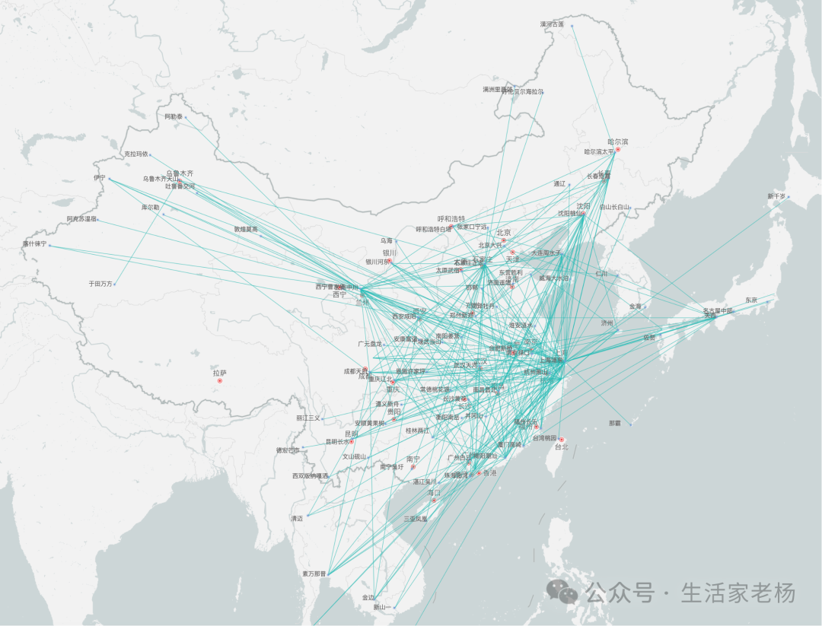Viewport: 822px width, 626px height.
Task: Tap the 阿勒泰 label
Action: [x=174, y=116]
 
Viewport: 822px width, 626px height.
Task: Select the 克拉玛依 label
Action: [x=135, y=154]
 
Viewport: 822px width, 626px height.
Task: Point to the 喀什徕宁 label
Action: [x=34, y=244]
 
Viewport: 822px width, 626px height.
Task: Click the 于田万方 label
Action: [x=100, y=284]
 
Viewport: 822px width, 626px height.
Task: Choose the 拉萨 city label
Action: [x=219, y=373]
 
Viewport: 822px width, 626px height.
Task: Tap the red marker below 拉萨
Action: [x=219, y=380]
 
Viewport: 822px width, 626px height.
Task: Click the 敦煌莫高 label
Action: [x=246, y=229]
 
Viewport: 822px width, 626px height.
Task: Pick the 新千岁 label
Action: [x=776, y=196]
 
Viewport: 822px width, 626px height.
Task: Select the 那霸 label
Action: [x=615, y=423]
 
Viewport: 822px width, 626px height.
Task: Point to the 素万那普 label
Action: [x=313, y=574]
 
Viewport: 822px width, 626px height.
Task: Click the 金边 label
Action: [x=368, y=597]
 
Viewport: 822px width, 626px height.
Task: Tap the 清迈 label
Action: [x=297, y=518]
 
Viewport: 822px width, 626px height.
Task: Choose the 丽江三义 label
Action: [x=308, y=418]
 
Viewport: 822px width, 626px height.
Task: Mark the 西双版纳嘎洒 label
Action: [x=311, y=476]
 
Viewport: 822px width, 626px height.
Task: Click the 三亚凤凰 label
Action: [x=416, y=519]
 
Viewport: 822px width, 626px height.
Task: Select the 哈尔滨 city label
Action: [x=617, y=141]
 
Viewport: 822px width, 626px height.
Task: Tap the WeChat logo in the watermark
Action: [x=564, y=591]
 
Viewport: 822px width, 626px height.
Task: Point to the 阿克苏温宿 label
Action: [x=81, y=219]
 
